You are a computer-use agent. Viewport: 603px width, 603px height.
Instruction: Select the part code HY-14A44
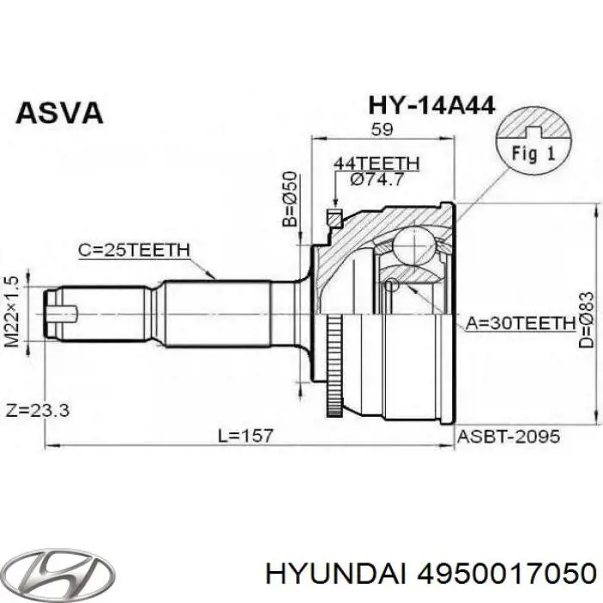(x=431, y=105)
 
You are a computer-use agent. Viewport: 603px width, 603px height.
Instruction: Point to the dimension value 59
(x=381, y=130)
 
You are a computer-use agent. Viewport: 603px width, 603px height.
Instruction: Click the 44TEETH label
(x=376, y=162)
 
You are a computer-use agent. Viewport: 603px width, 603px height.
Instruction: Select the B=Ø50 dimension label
(x=290, y=199)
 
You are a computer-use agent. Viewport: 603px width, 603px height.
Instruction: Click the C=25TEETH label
(x=134, y=250)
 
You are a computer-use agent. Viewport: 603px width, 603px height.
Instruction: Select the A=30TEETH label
(x=520, y=323)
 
